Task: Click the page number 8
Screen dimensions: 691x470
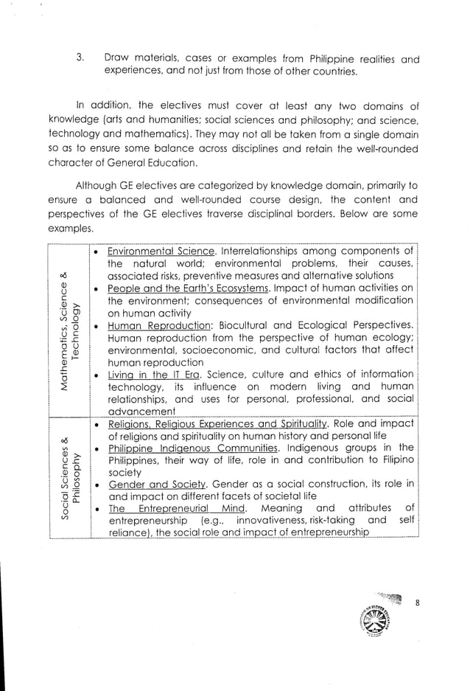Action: click(x=416, y=603)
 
